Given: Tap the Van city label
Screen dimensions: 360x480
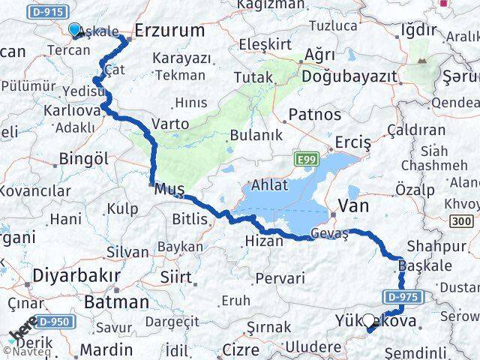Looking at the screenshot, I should pos(353,205).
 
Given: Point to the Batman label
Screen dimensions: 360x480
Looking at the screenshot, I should pos(116,302).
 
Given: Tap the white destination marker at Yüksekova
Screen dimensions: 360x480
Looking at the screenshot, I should pos(369,323).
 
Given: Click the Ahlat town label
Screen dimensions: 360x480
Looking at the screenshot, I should pos(268,186).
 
